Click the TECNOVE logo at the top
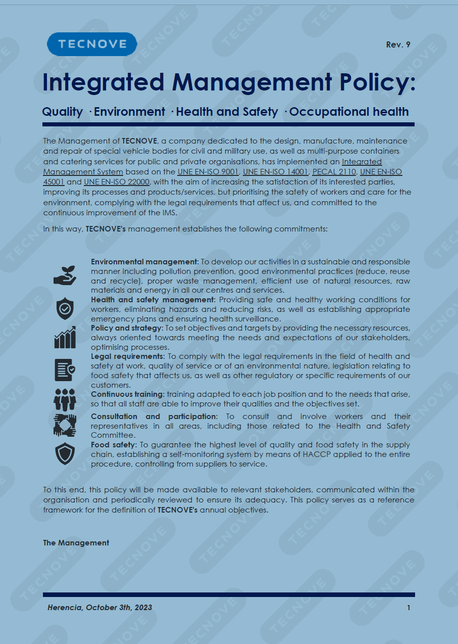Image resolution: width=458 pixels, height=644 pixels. (x=92, y=44)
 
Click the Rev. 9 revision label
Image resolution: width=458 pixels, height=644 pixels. (x=398, y=44)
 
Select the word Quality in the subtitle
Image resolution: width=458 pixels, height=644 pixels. (x=63, y=112)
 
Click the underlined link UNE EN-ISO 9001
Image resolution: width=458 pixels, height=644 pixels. (x=208, y=172)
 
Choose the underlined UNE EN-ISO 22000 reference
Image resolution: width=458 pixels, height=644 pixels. (x=117, y=181)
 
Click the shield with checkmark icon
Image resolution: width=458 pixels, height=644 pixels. (x=65, y=308)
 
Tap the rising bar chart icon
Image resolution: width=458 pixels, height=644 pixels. (x=65, y=337)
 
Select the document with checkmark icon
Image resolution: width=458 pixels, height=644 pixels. (x=65, y=370)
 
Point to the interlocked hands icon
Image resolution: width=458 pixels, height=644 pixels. (x=65, y=425)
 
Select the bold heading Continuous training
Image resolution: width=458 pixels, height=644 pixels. (x=127, y=394)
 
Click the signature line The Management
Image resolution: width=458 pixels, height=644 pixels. (x=76, y=543)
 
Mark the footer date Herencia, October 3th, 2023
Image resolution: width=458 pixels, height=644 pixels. (x=99, y=608)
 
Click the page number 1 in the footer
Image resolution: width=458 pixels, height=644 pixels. (x=409, y=608)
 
